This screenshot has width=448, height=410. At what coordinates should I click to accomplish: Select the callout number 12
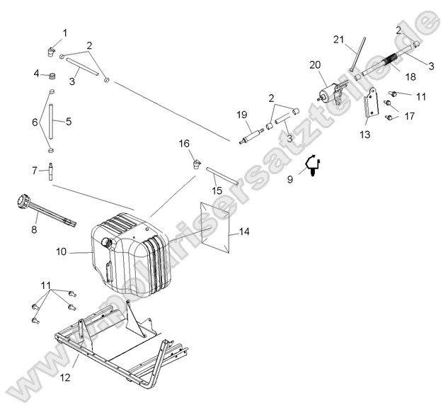click(64, 377)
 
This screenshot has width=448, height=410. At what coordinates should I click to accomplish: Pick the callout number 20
click(315, 64)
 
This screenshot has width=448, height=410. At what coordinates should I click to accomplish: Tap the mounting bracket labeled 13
click(369, 110)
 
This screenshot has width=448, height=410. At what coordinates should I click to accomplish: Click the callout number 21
click(338, 38)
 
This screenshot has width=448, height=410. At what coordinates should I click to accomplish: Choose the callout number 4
click(36, 73)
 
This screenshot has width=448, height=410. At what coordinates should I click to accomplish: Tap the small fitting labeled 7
click(52, 169)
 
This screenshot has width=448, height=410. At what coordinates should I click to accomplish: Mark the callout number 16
click(184, 144)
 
